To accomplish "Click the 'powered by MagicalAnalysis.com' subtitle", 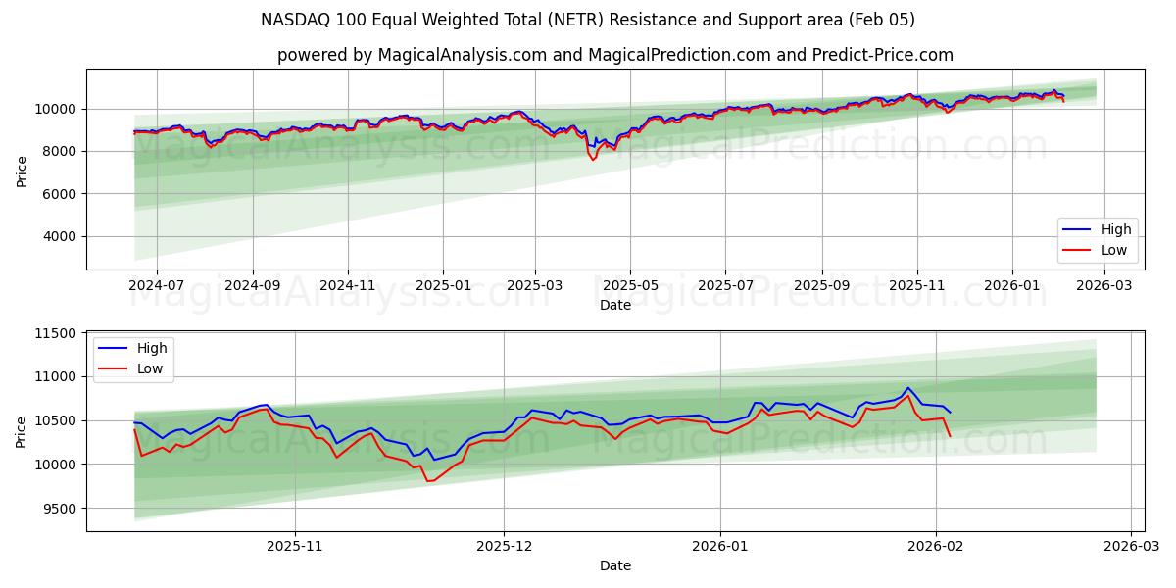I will point(614,55).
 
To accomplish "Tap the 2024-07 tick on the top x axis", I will point(157,285).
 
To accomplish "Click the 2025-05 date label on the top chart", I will point(630,285).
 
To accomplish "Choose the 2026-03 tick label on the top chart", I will point(1104,285).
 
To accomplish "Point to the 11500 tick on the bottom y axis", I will point(57,333).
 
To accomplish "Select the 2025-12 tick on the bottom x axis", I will point(504,547).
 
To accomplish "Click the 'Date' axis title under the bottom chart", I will point(614,565).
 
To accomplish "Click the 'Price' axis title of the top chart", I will point(23,170).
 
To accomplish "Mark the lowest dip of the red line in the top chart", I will point(593,160).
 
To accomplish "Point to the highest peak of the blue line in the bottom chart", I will point(907,388).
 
